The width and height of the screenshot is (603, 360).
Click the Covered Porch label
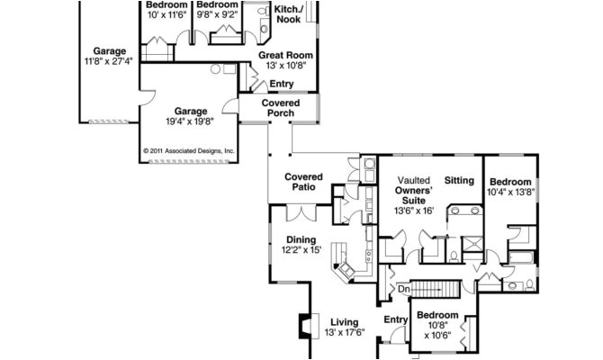point(281,108)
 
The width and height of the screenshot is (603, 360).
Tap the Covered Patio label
point(303,184)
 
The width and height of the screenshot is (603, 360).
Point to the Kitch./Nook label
point(288,13)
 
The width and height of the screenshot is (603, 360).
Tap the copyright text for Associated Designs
point(189,151)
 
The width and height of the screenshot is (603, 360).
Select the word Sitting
point(459,181)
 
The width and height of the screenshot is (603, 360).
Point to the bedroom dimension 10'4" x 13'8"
point(511,192)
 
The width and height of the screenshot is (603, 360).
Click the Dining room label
point(301,239)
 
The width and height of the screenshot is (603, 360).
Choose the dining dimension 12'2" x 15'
point(301,250)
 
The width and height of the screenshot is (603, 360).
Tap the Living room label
point(344,321)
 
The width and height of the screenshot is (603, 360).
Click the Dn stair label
point(404,290)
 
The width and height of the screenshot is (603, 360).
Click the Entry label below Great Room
point(281,85)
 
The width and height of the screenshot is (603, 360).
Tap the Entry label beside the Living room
point(396,319)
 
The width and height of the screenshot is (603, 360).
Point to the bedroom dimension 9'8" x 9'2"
point(217,15)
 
